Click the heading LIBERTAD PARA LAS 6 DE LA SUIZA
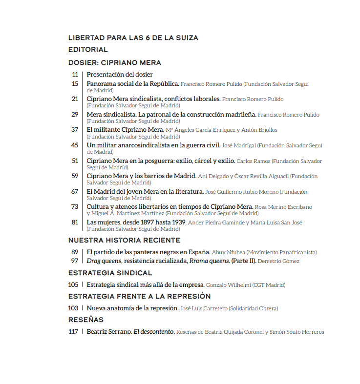point(133,38)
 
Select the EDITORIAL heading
point(88,49)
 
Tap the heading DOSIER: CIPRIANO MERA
point(115,62)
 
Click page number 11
point(75,75)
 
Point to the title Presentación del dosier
point(120,75)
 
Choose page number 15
point(75,83)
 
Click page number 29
point(75,115)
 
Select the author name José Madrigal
point(238,145)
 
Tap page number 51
point(75,161)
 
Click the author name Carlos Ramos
point(253,161)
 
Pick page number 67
point(75,192)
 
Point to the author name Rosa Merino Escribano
point(284,207)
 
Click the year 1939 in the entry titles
point(178,222)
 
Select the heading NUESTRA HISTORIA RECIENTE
point(124,240)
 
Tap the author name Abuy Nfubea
point(228,252)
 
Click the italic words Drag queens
point(104,261)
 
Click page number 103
point(73,308)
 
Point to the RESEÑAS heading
point(86,320)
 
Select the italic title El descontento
point(154,332)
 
